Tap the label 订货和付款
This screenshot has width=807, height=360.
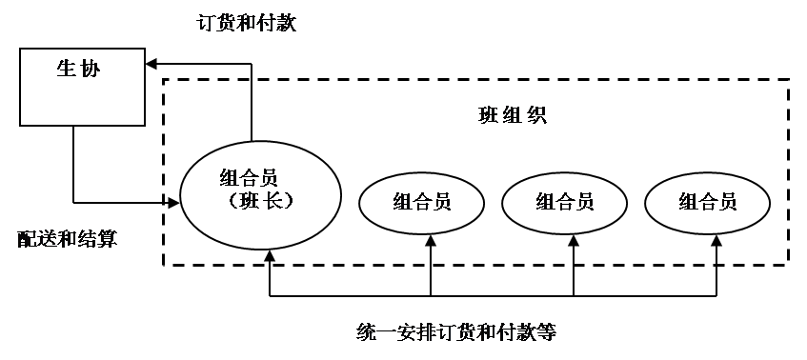[247, 23]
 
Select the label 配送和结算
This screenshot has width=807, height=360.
[68, 239]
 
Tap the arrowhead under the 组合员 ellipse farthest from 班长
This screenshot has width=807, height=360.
[716, 241]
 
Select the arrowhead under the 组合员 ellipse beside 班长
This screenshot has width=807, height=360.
[431, 241]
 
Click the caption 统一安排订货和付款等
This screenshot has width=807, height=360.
[456, 332]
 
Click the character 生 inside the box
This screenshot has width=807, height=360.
[66, 69]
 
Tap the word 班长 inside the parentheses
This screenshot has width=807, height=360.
[260, 202]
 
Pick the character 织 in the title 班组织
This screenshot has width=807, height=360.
[537, 116]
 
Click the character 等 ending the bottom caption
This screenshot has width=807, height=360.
[547, 332]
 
